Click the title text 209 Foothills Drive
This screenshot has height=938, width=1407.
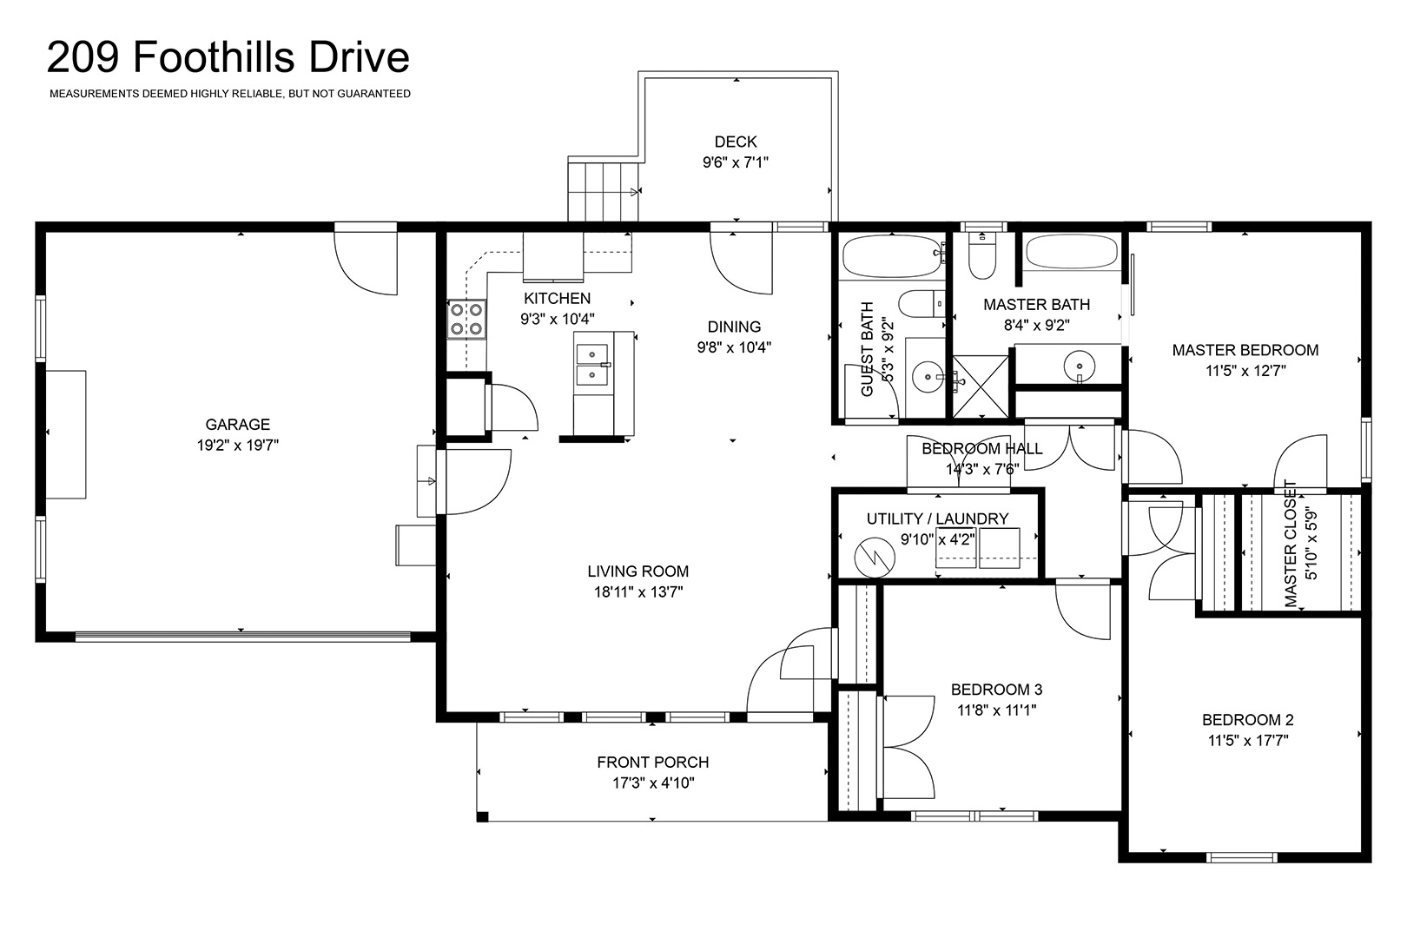point(228,57)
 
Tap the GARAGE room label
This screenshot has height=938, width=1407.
point(237,425)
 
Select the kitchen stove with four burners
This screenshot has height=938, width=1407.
point(466,319)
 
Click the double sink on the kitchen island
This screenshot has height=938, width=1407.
point(592,365)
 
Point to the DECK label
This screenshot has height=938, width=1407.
point(736,142)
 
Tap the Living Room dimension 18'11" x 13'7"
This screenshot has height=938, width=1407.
point(638,591)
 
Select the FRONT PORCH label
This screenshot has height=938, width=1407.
point(652,762)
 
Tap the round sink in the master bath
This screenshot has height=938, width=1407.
point(1080,365)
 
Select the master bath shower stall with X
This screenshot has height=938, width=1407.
point(981,386)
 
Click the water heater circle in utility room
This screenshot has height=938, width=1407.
point(875,558)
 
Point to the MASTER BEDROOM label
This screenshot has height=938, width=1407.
point(1245,351)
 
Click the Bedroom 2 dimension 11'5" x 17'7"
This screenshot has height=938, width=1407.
point(1248,741)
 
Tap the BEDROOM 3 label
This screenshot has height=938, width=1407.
point(997,690)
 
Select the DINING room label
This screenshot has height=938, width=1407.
point(734,327)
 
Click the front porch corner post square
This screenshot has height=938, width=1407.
point(482,816)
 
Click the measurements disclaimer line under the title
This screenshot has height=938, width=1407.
point(230,94)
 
